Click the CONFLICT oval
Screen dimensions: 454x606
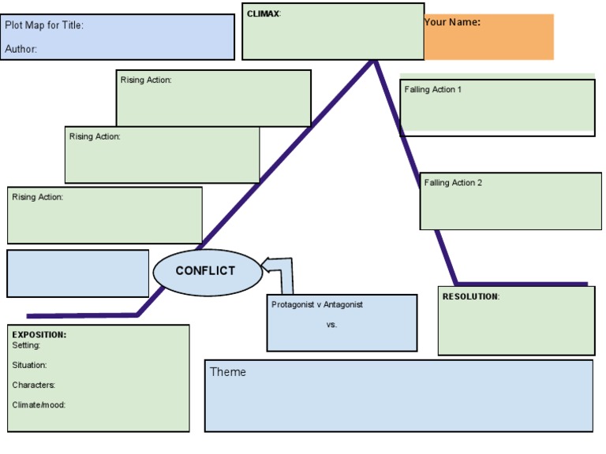tap(206, 271)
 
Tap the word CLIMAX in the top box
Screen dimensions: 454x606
tap(263, 13)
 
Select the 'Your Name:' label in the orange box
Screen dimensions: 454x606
tap(452, 22)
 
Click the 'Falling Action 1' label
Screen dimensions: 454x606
tap(433, 90)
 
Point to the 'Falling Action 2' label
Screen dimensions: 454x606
tap(453, 183)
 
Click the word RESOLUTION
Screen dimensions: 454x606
tap(470, 296)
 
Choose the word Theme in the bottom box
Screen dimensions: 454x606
tap(228, 372)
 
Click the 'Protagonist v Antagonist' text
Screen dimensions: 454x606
tap(317, 304)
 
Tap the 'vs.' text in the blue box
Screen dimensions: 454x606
tap(331, 324)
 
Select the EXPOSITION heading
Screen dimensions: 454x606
tap(39, 335)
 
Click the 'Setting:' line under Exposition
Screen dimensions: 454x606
tap(26, 345)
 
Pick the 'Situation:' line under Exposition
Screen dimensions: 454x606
tap(29, 365)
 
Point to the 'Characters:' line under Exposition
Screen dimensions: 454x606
tap(33, 385)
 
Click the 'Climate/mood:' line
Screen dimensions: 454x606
tap(39, 405)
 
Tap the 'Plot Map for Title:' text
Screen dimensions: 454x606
tap(44, 25)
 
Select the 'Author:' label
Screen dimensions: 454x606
tap(21, 49)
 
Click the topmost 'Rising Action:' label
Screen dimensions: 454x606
tap(146, 80)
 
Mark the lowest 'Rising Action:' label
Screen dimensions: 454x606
tap(37, 197)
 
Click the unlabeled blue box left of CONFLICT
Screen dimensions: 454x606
tap(77, 274)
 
